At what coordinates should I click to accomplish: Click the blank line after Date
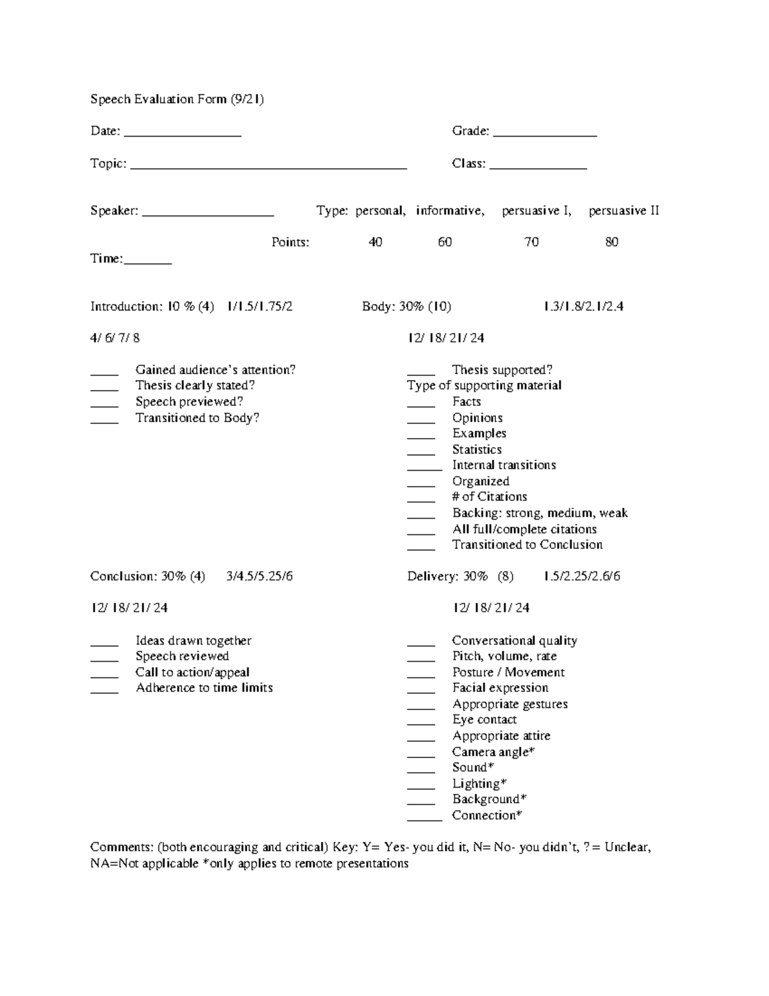[x=183, y=135]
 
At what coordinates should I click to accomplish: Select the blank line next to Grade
[x=545, y=135]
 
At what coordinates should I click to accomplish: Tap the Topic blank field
[x=269, y=167]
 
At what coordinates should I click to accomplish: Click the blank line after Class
[x=538, y=167]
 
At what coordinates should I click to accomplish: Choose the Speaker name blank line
[x=208, y=214]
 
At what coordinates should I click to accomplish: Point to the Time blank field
[x=147, y=262]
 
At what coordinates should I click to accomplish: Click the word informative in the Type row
[x=450, y=211]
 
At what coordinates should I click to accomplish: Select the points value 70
[x=531, y=242]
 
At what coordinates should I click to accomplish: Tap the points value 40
[x=375, y=242]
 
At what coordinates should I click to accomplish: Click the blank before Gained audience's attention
[x=104, y=373]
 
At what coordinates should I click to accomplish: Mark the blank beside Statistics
[x=421, y=453]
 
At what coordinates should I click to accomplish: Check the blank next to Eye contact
[x=421, y=723]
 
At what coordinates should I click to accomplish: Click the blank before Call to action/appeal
[x=104, y=675]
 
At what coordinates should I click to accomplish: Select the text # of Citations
[x=490, y=497]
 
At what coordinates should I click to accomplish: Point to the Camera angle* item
[x=493, y=752]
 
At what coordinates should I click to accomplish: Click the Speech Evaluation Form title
[x=177, y=99]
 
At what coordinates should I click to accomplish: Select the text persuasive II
[x=624, y=211]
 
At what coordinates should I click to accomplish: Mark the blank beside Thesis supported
[x=421, y=373]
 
